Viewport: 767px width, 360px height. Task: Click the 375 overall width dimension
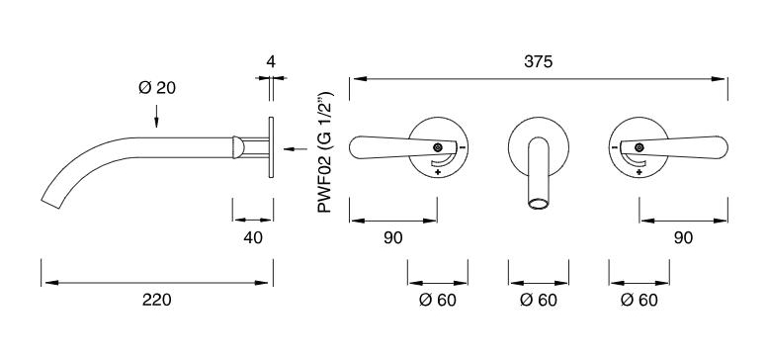(538, 62)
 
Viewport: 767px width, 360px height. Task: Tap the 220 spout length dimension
(156, 300)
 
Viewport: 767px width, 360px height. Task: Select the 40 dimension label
(253, 237)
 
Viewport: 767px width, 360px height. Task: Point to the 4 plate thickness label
(271, 62)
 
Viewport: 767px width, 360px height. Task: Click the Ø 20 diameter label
(156, 88)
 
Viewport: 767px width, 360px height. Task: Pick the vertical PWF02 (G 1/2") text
(325, 152)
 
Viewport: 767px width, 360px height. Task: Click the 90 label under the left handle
(392, 237)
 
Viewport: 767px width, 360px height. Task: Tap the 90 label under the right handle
(683, 237)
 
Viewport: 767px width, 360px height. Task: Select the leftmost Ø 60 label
(437, 300)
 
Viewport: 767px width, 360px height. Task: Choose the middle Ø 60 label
(538, 300)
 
